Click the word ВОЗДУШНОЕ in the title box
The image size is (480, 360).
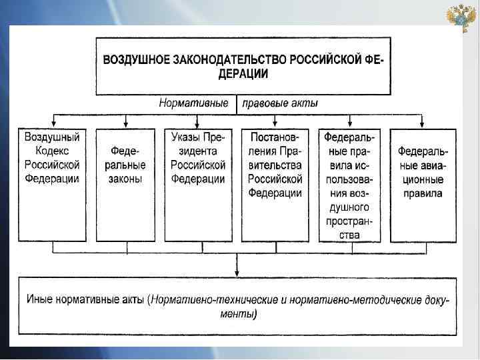(135, 59)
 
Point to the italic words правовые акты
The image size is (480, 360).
(279, 103)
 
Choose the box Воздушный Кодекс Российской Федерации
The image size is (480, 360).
(52, 185)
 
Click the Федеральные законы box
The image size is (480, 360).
(126, 185)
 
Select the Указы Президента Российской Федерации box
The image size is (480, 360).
(198, 185)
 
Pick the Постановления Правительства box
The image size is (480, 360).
(275, 185)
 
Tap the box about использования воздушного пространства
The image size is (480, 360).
(350, 185)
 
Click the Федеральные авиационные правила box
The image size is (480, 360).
(422, 185)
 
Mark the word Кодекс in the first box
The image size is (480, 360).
(52, 150)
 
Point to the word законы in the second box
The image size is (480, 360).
(126, 179)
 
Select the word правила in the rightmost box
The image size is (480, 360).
(422, 194)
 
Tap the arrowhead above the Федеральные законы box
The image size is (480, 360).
(126, 124)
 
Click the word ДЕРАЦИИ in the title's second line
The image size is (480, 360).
(243, 74)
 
